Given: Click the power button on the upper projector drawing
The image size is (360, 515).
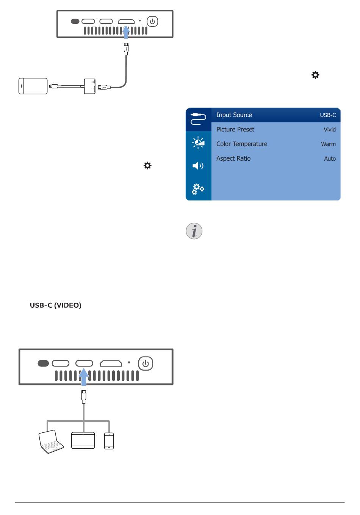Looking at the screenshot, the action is tap(152, 21).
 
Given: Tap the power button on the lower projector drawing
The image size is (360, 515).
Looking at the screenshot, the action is tap(145, 363).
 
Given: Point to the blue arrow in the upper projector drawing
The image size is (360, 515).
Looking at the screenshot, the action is tap(126, 32).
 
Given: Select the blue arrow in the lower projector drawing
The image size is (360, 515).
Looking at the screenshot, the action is tap(84, 377).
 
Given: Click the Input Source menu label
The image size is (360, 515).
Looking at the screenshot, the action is tap(234, 115).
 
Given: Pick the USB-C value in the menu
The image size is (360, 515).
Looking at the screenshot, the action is tap(328, 115).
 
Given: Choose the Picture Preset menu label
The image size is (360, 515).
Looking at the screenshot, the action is tap(235, 130).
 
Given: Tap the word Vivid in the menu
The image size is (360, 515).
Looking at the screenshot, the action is tap(330, 130).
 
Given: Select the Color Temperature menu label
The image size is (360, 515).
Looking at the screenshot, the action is tap(242, 144).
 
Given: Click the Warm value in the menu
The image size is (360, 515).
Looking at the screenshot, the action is tap(328, 144).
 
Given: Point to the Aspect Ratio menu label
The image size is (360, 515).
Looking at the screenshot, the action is tap(233, 158).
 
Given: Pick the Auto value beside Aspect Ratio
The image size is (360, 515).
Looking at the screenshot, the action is tap(330, 159).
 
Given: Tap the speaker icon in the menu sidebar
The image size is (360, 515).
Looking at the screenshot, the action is tap(198, 166).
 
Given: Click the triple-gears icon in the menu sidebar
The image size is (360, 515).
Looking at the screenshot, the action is tap(198, 189).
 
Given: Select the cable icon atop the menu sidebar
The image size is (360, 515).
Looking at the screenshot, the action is tap(198, 119).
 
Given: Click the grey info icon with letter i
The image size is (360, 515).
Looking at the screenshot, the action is tap(194, 231).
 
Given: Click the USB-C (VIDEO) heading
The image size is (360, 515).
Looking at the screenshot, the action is tap(56, 305).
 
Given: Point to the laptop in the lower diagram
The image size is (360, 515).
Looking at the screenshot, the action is tap(51, 441).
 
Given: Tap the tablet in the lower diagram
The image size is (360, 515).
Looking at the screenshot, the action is tap(83, 440).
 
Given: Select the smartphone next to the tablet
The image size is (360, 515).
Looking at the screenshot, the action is tap(109, 441).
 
